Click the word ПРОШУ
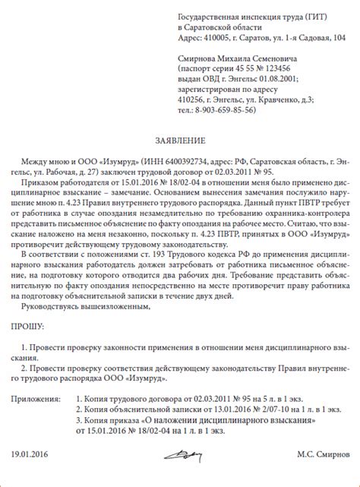pyautogui.click(x=25, y=325)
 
